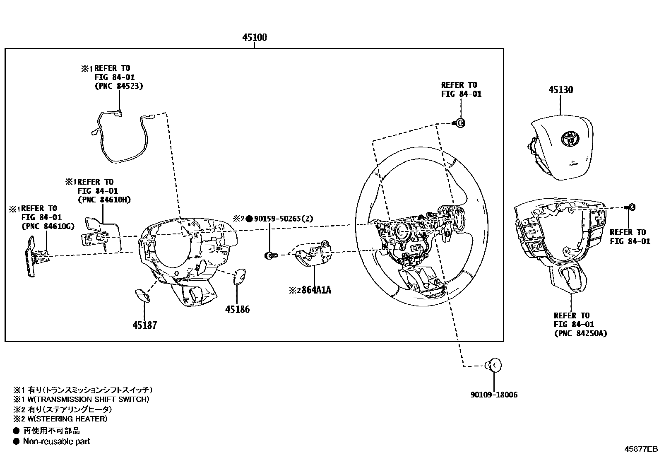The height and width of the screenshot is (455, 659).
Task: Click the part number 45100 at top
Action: [255, 38]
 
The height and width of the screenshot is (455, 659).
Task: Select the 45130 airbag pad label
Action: [561, 89]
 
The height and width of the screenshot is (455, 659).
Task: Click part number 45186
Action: [238, 309]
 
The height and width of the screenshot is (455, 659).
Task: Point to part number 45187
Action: [145, 325]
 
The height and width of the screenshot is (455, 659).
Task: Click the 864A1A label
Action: [316, 290]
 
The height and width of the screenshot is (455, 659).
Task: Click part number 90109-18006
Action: [494, 395]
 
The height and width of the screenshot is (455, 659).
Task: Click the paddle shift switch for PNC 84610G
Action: [31, 256]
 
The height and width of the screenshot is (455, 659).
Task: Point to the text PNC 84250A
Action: [580, 333]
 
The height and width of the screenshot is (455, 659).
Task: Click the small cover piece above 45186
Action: [240, 277]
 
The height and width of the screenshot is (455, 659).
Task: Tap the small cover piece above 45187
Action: [142, 294]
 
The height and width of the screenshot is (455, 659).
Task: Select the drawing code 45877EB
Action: [641, 449]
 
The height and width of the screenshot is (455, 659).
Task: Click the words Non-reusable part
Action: [56, 441]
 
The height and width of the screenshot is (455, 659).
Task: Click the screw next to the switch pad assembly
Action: [631, 207]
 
